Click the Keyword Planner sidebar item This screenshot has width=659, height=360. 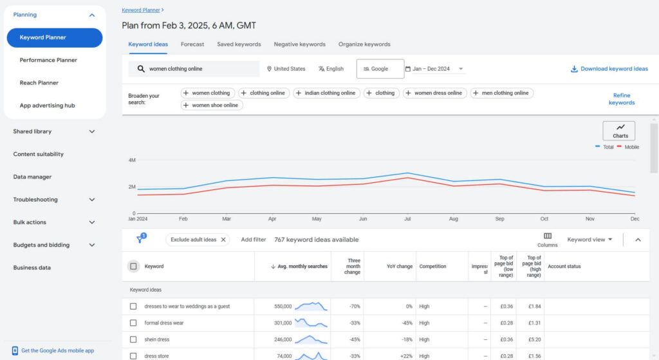54,37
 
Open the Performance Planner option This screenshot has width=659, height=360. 48,60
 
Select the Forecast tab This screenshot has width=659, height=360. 192,44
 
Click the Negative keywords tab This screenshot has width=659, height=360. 299,44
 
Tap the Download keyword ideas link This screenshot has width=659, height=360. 609,69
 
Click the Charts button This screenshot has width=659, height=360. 618,131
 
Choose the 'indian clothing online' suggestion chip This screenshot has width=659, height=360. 326,93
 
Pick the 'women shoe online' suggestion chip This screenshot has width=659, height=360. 212,105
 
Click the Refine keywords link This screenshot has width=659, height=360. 621,99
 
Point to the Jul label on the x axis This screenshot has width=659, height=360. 407,219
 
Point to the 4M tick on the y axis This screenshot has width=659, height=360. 131,160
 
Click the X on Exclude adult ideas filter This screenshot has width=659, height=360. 223,240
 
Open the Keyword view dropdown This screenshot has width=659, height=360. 589,240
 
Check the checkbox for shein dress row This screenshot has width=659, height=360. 133,339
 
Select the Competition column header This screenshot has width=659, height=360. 432,266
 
